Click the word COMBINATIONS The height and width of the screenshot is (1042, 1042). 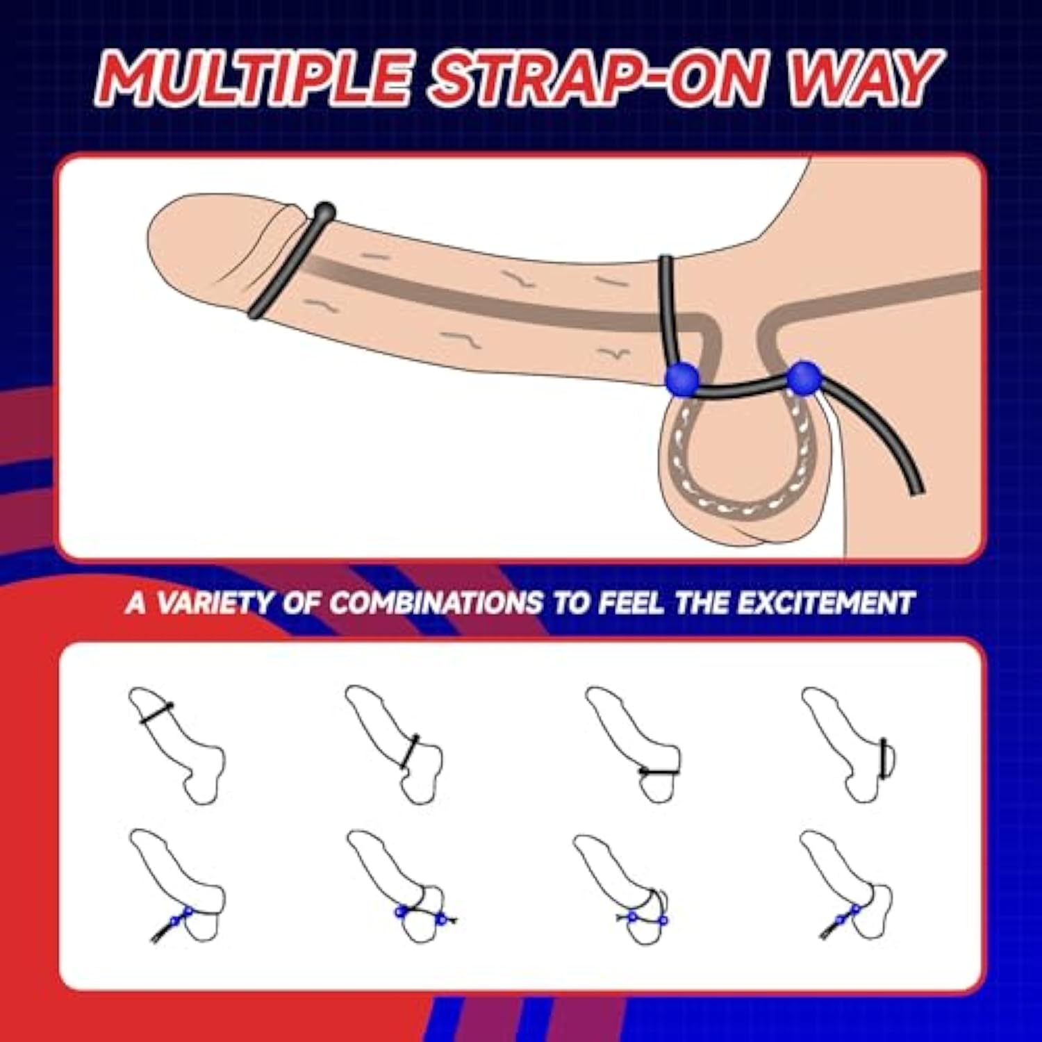[x=436, y=602]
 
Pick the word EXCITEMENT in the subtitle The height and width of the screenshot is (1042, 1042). [x=825, y=602]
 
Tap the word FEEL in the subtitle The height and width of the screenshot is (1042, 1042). [x=630, y=602]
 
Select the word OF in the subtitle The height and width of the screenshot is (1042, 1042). [x=301, y=602]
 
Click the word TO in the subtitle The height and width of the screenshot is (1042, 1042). [x=570, y=602]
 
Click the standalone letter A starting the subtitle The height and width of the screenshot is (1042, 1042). [x=137, y=602]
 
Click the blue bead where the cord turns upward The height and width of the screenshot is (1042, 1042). [x=681, y=379]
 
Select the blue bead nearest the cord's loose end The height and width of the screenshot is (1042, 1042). [x=803, y=378]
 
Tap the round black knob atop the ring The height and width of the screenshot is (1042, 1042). [x=325, y=210]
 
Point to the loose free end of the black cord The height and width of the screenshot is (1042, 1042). [x=916, y=489]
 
